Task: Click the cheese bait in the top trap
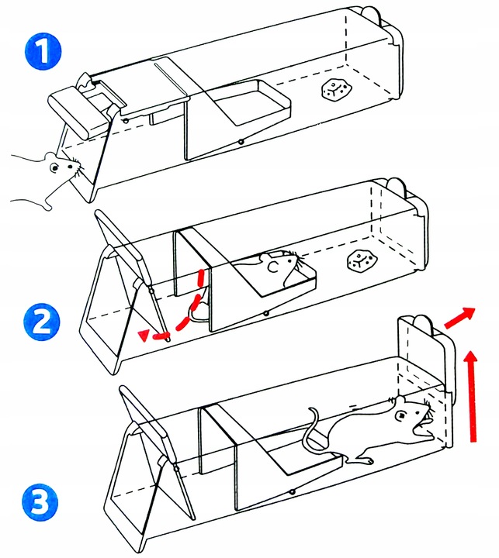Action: [x=335, y=91]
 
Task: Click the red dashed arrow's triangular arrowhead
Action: [x=143, y=334]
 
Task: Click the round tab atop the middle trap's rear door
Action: [x=395, y=186]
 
